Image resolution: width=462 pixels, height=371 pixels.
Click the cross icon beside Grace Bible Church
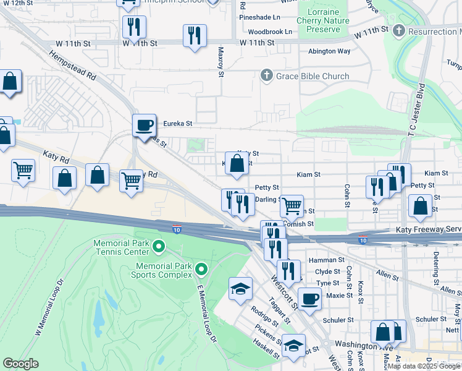267,76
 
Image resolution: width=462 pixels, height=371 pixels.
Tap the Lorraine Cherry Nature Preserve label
318,20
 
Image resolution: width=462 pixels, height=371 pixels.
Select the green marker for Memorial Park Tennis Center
159,248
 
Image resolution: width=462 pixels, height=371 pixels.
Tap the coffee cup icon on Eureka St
144,125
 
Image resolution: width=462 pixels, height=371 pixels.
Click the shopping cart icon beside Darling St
292,205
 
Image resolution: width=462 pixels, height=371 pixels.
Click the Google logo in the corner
20,364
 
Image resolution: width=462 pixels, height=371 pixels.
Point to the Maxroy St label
220,64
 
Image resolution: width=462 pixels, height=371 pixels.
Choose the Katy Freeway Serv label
427,230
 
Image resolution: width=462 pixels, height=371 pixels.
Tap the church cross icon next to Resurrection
399,30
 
